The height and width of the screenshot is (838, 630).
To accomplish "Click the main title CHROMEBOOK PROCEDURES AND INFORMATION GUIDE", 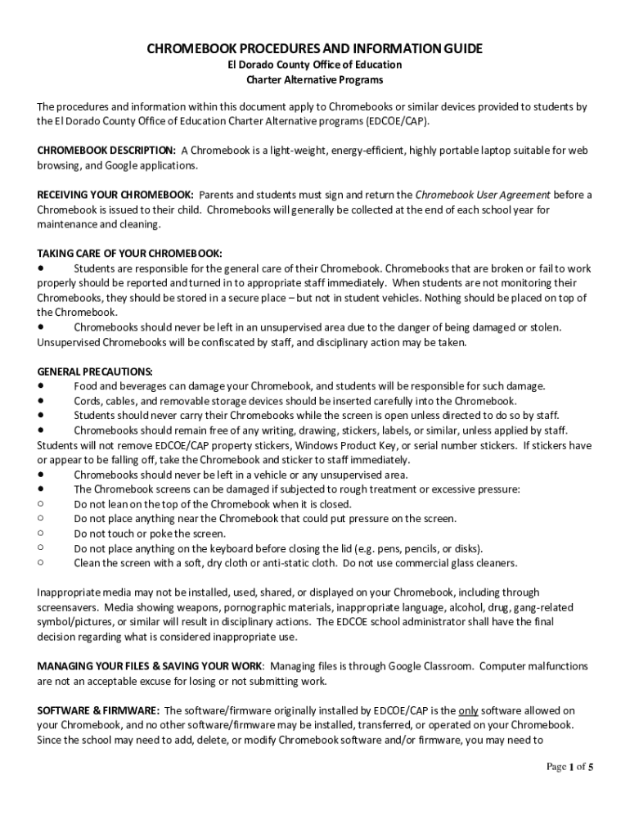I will (314, 49).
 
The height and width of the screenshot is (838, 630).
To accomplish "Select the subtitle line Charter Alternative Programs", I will (315, 80).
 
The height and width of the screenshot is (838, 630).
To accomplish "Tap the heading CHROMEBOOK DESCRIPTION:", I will (106, 151).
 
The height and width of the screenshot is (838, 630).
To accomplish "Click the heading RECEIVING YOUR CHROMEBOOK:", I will (115, 195).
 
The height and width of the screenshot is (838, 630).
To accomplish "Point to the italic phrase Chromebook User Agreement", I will (483, 195).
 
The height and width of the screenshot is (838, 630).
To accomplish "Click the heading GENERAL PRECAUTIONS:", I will (95, 371).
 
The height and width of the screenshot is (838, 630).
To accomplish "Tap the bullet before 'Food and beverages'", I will (41, 386).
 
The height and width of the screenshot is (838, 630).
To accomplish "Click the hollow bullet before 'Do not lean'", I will (41, 504).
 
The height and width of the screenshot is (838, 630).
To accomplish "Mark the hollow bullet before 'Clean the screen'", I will (41, 563).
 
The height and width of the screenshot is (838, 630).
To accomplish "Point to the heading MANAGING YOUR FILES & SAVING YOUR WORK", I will (151, 666).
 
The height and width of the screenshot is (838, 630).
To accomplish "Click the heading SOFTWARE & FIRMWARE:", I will (99, 710).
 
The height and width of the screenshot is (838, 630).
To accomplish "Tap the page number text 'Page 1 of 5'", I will (569, 767).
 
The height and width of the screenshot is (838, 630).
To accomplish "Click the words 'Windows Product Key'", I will (349, 445).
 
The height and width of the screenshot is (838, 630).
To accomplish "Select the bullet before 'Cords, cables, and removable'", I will (41, 401).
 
